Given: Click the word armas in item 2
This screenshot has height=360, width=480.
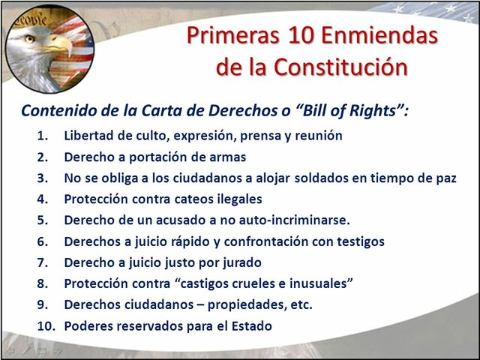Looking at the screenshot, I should click(x=224, y=157).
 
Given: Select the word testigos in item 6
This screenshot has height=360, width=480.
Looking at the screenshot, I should click(x=359, y=242).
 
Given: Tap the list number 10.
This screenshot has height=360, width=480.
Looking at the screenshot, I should click(x=43, y=326).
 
